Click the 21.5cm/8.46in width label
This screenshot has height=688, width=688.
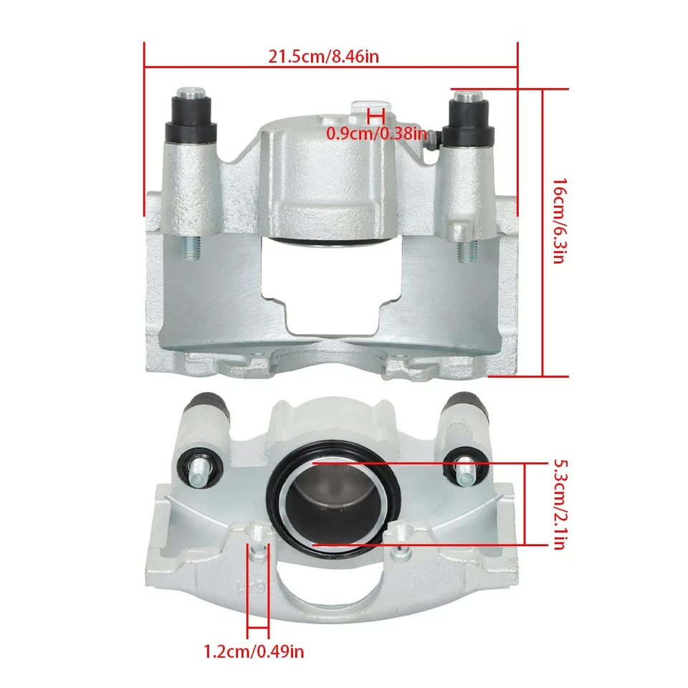[x=323, y=57]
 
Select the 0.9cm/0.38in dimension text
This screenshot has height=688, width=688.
[x=376, y=133]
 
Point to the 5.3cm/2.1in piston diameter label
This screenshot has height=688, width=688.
[x=559, y=506]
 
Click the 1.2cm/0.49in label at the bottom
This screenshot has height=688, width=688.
[x=254, y=651]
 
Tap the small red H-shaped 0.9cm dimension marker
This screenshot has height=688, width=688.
[x=376, y=115]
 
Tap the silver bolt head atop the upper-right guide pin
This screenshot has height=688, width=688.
[x=467, y=95]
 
